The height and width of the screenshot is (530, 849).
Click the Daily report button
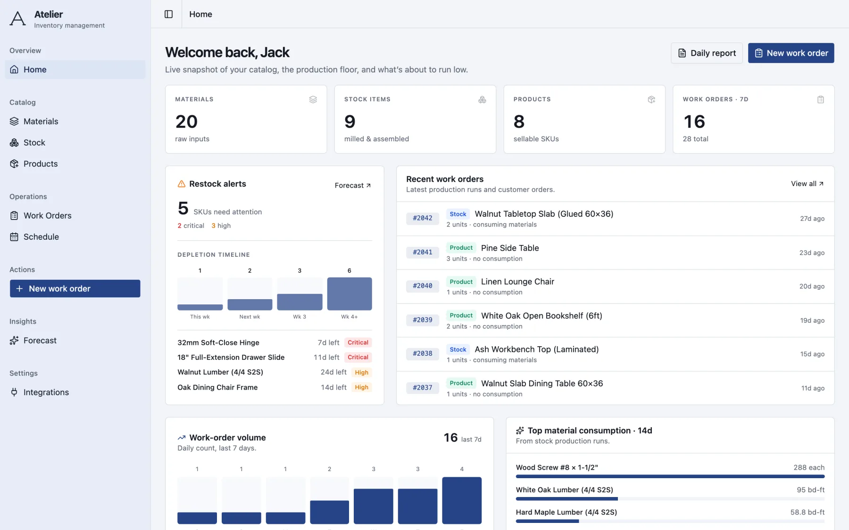707,53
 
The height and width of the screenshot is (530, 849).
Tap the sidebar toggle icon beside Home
168,14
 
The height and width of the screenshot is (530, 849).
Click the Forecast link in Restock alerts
353,186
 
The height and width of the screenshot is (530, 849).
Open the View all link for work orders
807,184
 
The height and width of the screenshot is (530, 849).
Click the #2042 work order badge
423,218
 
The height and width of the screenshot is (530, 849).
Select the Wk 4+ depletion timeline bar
350,294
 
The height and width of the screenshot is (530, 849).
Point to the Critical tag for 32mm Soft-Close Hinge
358,342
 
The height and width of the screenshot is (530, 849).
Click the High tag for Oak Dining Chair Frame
362,387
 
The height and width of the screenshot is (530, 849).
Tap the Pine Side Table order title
510,248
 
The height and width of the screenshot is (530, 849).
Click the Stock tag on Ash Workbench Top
458,350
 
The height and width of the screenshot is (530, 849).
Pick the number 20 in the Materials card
186,122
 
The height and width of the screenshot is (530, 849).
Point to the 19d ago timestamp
812,320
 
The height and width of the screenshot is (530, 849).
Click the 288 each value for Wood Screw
809,467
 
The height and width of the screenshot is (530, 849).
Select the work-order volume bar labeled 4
462,500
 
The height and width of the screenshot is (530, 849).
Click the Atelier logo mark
18,19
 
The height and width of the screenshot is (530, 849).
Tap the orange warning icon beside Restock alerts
182,184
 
